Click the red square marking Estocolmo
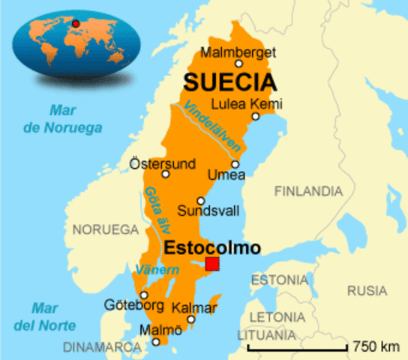[x=212, y=264]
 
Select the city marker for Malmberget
[x=239, y=64]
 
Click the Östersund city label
[x=162, y=163]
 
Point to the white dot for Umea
[x=235, y=163]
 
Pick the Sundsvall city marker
[x=200, y=200]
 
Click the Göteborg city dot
[x=144, y=295]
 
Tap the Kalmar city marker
[x=191, y=319]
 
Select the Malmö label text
[x=154, y=329]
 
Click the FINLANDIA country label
[x=307, y=192]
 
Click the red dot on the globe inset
[x=75, y=22]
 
